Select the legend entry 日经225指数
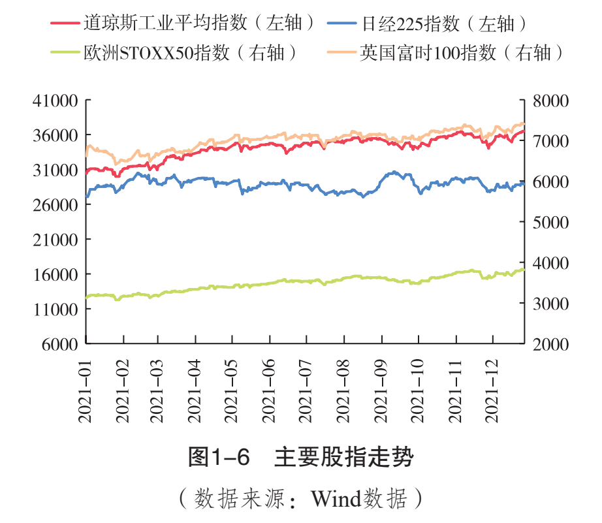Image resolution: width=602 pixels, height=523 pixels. click(444, 24)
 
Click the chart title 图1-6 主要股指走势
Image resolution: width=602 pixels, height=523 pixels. click(300, 457)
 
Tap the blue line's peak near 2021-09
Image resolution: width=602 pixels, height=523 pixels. click(393, 172)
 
